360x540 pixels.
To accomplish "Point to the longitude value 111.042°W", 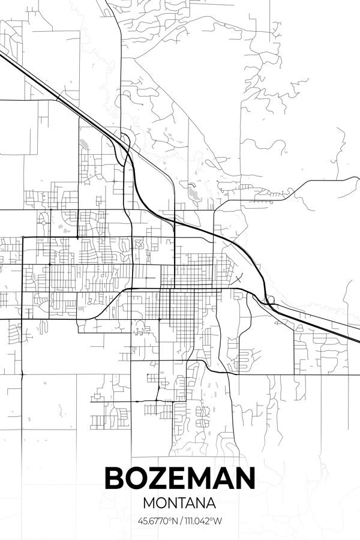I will point(202,521).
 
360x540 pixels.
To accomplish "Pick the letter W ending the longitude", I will point(218,521).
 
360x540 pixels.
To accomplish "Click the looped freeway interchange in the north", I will point(125,143).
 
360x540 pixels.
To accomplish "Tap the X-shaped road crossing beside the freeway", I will point(239,278).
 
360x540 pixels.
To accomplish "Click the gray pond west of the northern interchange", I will point(83,143).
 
